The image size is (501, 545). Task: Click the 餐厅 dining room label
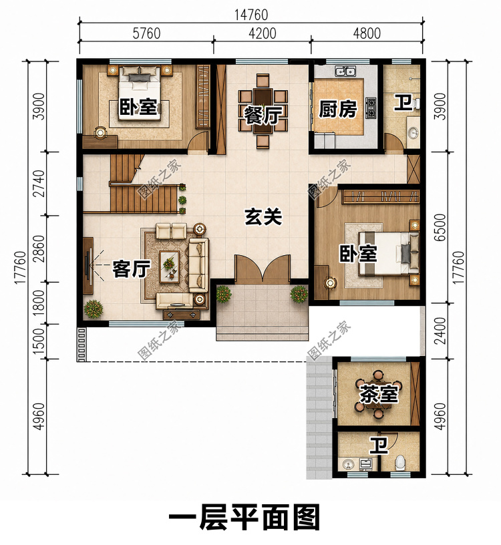point(263,116)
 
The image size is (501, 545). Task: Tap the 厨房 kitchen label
point(338,109)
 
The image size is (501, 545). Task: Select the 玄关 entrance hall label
point(263,217)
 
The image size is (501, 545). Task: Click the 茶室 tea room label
point(378,395)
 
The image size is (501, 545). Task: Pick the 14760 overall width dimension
point(251,15)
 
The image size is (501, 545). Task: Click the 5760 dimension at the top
point(147,33)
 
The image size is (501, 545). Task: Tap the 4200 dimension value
point(263,33)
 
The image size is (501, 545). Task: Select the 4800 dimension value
point(367,33)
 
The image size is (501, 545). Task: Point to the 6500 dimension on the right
point(440,227)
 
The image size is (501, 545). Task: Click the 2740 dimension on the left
point(41,184)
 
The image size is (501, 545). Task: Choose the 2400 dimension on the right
point(440,331)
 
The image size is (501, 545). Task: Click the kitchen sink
point(345,71)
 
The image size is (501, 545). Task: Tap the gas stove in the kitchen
point(371,108)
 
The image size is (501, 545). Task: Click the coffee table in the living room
point(169,267)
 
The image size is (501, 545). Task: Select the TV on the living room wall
point(88,266)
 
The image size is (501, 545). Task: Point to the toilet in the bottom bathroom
point(400,462)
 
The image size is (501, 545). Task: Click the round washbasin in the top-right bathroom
point(413,133)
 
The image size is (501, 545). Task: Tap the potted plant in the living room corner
point(93,309)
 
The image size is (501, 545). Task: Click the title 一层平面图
point(244,518)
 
